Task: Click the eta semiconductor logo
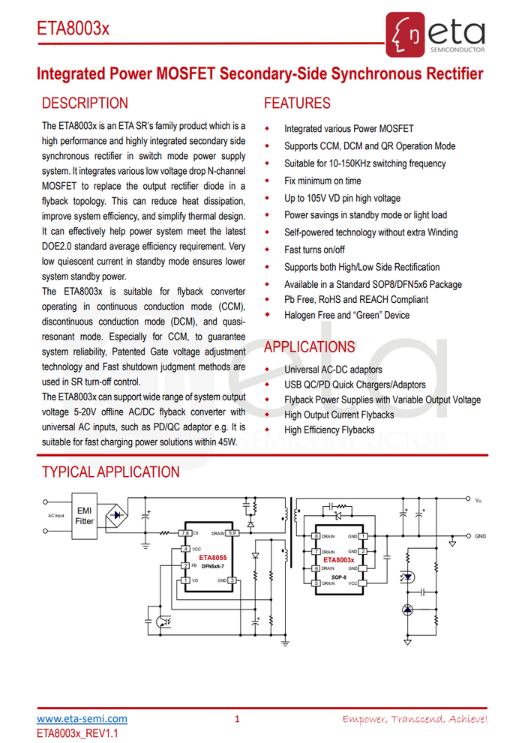[436, 34]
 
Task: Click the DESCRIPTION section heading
[85, 103]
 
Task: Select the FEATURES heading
[297, 103]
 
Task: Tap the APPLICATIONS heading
[310, 347]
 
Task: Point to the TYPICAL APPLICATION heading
[111, 472]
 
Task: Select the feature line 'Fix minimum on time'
[322, 181]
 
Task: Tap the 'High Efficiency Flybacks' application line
[329, 430]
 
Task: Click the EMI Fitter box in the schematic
[85, 516]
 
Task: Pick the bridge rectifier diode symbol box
[115, 515]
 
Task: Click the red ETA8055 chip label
[204, 558]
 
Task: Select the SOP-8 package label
[339, 577]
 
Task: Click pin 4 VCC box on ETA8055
[184, 550]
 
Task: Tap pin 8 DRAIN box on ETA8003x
[316, 536]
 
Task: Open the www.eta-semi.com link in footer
[82, 719]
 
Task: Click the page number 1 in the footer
[237, 719]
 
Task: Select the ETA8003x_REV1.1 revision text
[78, 733]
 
